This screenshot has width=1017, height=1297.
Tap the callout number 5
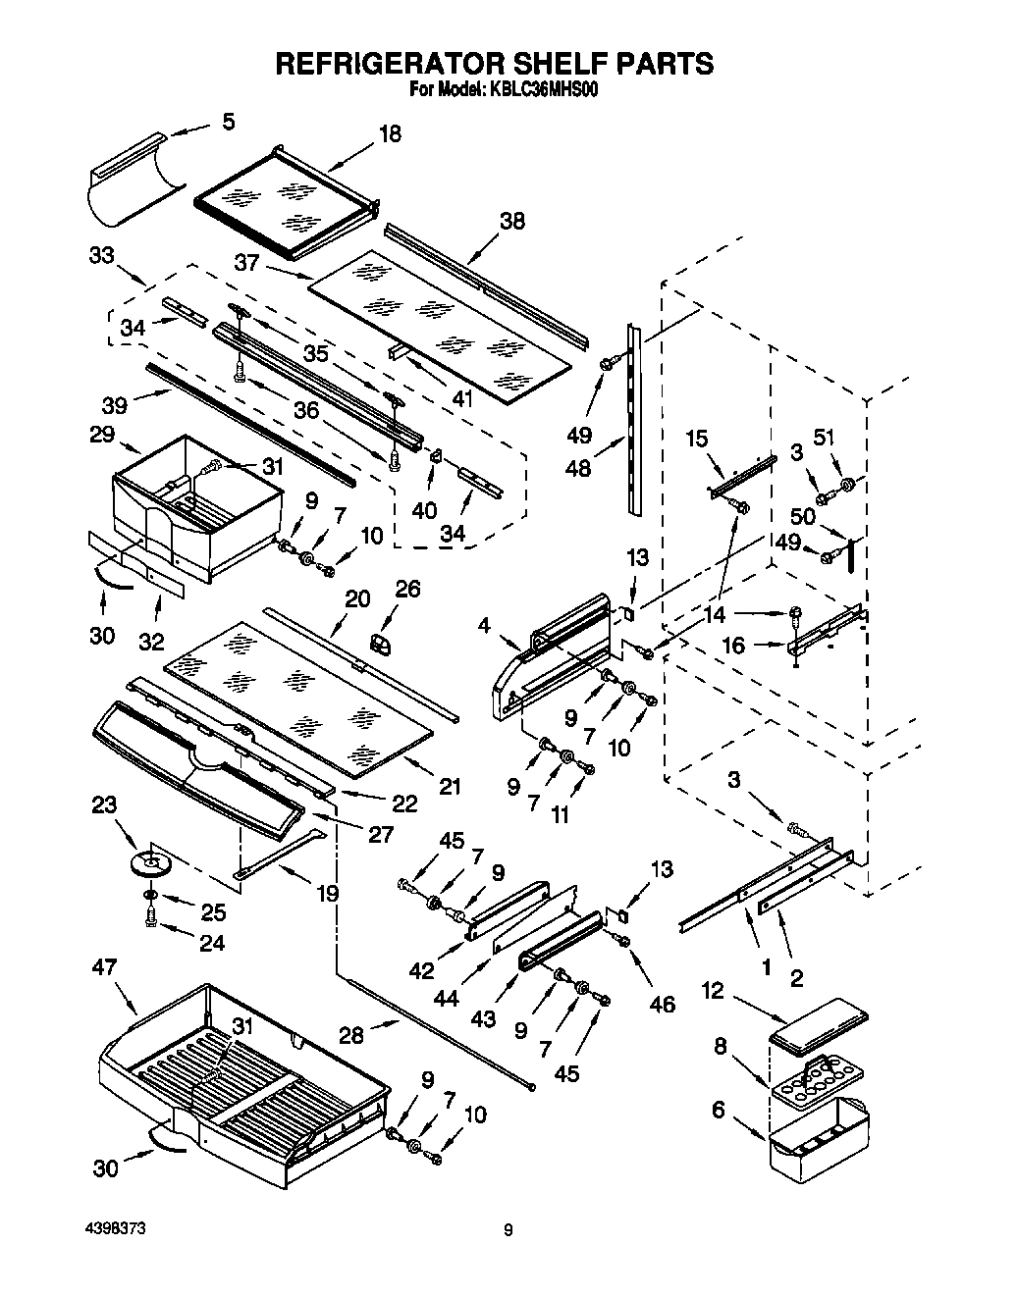(x=228, y=122)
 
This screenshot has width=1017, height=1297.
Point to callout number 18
(x=390, y=134)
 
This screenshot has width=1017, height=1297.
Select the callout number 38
(x=511, y=221)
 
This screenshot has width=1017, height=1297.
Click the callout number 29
(x=101, y=434)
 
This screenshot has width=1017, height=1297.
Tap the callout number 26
(x=407, y=589)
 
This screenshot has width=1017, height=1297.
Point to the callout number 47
(x=104, y=967)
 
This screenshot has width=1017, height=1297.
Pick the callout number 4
(x=485, y=623)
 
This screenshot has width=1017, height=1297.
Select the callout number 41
(x=460, y=399)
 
